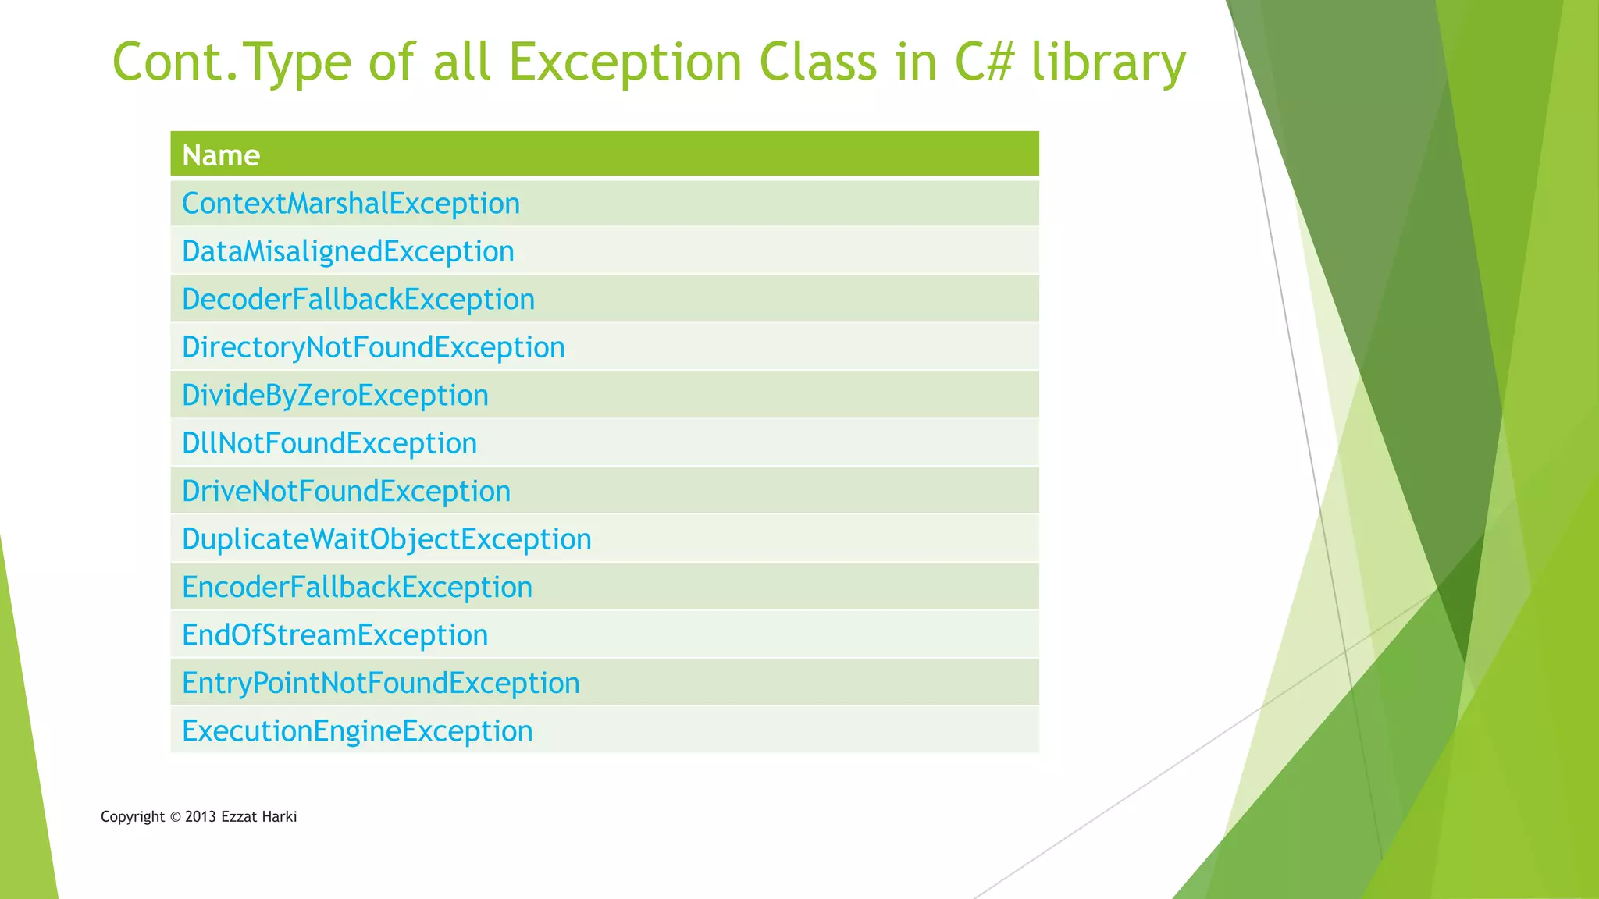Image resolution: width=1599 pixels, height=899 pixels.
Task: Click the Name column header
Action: click(x=221, y=155)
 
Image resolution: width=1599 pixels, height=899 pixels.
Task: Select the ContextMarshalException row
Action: click(x=351, y=204)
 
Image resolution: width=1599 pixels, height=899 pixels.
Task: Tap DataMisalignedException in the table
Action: click(x=347, y=251)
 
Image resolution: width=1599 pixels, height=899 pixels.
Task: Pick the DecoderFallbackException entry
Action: click(x=358, y=300)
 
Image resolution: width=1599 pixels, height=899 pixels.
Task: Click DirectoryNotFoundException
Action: click(x=373, y=347)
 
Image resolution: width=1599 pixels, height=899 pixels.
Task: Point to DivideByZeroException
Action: click(x=335, y=396)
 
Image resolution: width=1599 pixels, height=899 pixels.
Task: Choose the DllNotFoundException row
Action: click(x=329, y=443)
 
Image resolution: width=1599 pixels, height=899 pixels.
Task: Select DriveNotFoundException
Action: click(x=346, y=492)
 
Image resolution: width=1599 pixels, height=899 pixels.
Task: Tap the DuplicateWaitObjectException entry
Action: click(x=386, y=539)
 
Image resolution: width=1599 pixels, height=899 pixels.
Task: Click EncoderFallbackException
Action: click(x=357, y=588)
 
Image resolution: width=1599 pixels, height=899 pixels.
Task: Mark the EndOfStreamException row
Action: click(x=335, y=635)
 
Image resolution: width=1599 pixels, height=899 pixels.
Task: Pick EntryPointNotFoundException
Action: click(x=380, y=684)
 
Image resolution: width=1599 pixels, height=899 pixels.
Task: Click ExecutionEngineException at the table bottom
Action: click(x=357, y=731)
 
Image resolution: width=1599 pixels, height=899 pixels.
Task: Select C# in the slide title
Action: click(x=984, y=62)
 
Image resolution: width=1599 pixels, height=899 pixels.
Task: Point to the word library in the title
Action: click(x=1109, y=62)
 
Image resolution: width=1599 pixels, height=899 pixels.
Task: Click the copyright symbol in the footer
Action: click(x=175, y=817)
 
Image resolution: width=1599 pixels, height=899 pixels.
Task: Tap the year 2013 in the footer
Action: click(x=200, y=817)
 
